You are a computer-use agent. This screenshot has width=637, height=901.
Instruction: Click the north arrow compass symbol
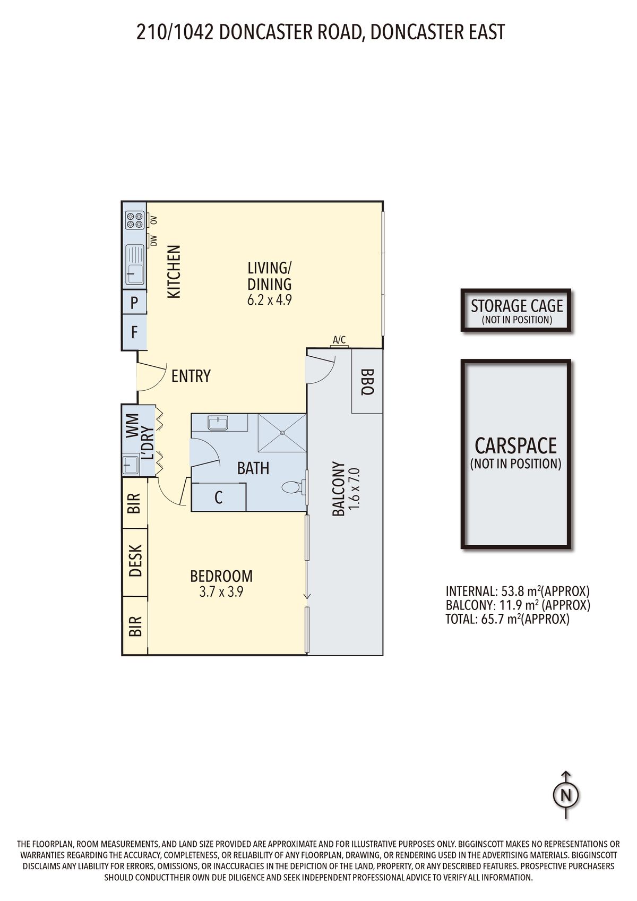pos(566,795)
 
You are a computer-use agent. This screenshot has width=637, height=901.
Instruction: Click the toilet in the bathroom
pos(294,488)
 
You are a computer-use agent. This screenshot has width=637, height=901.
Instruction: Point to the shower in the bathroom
pos(282,432)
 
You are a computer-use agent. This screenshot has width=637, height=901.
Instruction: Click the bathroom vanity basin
pos(218,423)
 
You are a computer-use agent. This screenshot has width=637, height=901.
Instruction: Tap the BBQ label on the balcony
pos(367,382)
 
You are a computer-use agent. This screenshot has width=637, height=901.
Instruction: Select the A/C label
pos(339,340)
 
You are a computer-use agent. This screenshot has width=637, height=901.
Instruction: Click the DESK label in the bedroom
pos(135,561)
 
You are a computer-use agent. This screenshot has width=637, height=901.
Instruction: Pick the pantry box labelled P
pos(134,302)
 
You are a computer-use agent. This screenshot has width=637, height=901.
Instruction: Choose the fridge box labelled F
pos(134,332)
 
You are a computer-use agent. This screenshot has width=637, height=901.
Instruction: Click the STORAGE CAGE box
pos(516,310)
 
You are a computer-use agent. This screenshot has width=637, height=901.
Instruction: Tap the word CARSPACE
pos(515,445)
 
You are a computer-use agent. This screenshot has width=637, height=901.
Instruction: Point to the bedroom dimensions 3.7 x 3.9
pos(221,592)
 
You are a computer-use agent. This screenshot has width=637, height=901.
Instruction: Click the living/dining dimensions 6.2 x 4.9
pos(270,300)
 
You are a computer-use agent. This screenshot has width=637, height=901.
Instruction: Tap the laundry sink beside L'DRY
pos(130,465)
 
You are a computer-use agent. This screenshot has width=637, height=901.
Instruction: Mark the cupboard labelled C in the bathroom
pos(218,497)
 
